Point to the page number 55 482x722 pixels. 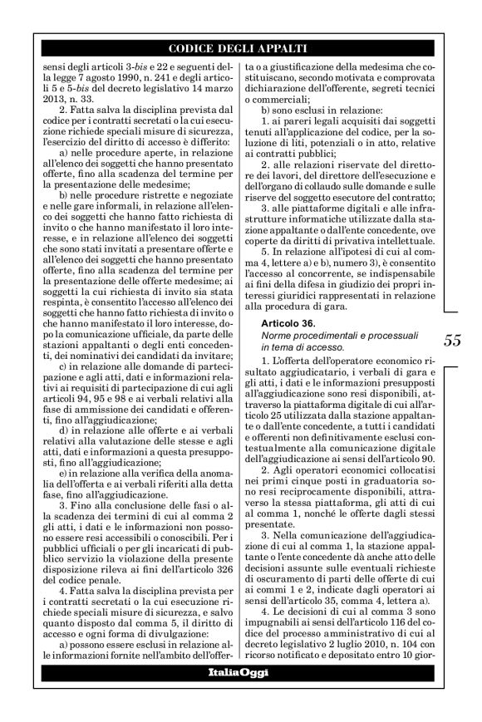453,316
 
